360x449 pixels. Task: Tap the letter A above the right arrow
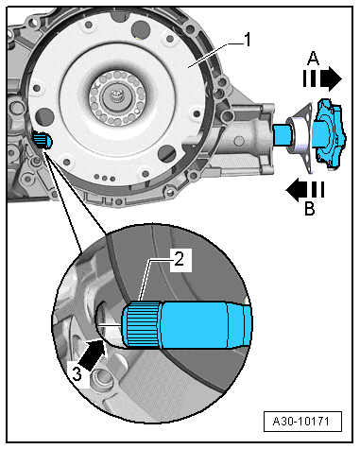(313, 58)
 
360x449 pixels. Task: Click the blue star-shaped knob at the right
(334, 130)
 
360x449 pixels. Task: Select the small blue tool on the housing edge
(41, 141)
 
